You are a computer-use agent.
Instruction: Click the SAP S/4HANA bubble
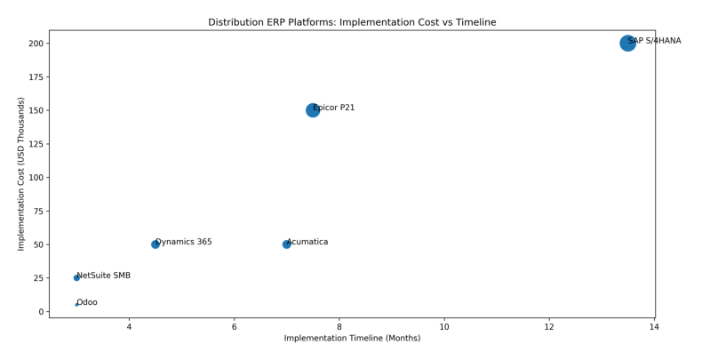pyautogui.click(x=627, y=43)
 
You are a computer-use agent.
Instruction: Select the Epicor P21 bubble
pyautogui.click(x=313, y=110)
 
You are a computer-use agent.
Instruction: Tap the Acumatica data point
pyautogui.click(x=286, y=244)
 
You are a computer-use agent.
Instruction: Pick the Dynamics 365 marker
pyautogui.click(x=156, y=244)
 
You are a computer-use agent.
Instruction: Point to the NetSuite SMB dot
pyautogui.click(x=76, y=278)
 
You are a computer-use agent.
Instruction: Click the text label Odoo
pyautogui.click(x=88, y=303)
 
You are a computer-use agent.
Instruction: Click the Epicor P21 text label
pyautogui.click(x=335, y=108)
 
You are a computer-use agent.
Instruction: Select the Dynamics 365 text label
pyautogui.click(x=184, y=242)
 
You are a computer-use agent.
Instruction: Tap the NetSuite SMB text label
pyautogui.click(x=104, y=276)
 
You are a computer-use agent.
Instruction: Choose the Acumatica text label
pyautogui.click(x=308, y=242)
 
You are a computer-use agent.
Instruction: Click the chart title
pyautogui.click(x=352, y=22)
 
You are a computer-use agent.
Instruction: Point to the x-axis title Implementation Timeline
pyautogui.click(x=352, y=339)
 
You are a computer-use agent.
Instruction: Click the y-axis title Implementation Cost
pyautogui.click(x=21, y=173)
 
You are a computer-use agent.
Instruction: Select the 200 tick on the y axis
pyautogui.click(x=36, y=44)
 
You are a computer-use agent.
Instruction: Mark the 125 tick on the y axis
pyautogui.click(x=36, y=144)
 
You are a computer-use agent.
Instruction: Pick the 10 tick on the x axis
pyautogui.click(x=444, y=327)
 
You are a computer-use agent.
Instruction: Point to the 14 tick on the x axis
pyautogui.click(x=654, y=327)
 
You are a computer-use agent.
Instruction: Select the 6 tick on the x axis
pyautogui.click(x=234, y=327)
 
